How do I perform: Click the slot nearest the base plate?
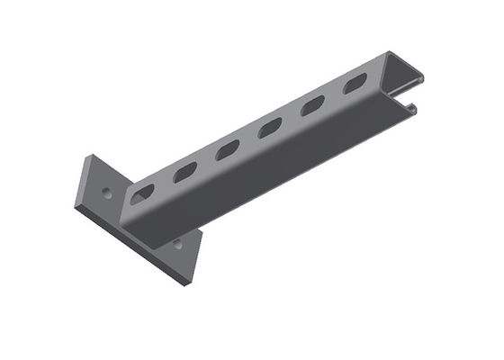pyautogui.click(x=142, y=193)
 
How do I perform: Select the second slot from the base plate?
pyautogui.click(x=184, y=171)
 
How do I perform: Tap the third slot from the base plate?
pyautogui.click(x=228, y=149)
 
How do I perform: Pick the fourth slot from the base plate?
pyautogui.click(x=270, y=128)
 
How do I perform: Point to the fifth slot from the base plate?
pyautogui.click(x=312, y=105)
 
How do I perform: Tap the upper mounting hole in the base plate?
pyautogui.click(x=107, y=191)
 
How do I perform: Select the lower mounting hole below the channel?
pyautogui.click(x=177, y=243)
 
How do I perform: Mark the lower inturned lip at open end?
pyautogui.click(x=410, y=109)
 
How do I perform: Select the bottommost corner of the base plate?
pyautogui.click(x=186, y=285)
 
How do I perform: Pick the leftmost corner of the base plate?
pyautogui.click(x=75, y=206)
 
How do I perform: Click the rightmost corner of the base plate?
pyautogui.click(x=202, y=230)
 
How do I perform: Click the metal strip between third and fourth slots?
pyautogui.click(x=249, y=139)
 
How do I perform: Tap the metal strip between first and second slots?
pyautogui.click(x=164, y=183)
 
